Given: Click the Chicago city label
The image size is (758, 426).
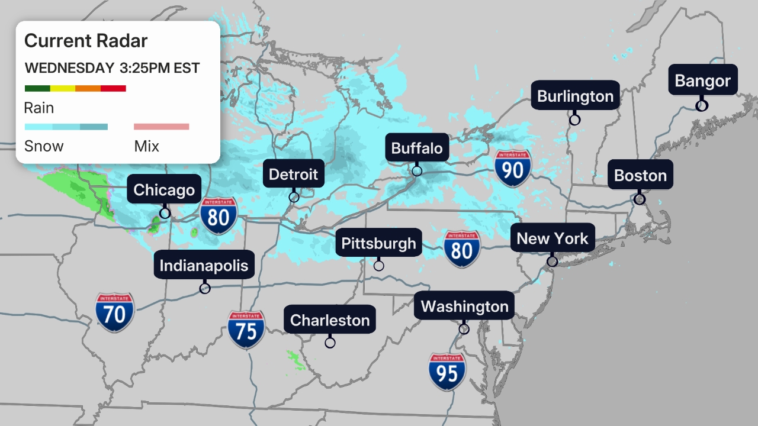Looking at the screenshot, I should pos(164,190).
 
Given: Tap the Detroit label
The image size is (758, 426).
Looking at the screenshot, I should pos(293,175).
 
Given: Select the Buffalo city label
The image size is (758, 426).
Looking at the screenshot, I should pos(417,148).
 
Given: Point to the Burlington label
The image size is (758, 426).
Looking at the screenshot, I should pos(575,96).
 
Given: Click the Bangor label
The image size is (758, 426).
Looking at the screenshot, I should pos(703,80).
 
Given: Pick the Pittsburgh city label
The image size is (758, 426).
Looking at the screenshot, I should pos(379,243).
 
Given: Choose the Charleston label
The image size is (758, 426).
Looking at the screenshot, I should pos(330,320).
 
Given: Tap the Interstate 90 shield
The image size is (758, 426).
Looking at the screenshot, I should pos(513,169).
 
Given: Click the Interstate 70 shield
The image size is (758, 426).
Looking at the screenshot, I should pos(115,312).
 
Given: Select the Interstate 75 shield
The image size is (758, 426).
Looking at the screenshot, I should pos(246,330).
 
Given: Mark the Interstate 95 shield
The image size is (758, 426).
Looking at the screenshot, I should pos(447,372).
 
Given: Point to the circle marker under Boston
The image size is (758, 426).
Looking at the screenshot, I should pos(640,199).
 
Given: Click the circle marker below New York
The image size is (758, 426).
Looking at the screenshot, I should pos(552,261).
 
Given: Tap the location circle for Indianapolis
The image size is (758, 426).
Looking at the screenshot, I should pos(205,289).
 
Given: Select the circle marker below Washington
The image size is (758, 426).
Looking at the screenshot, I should pos(464,329).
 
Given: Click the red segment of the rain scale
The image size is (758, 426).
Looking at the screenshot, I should pos(113,89).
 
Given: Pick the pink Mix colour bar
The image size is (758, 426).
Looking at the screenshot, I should pos(161,127).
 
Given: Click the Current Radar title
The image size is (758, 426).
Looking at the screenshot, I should pos(86,41).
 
